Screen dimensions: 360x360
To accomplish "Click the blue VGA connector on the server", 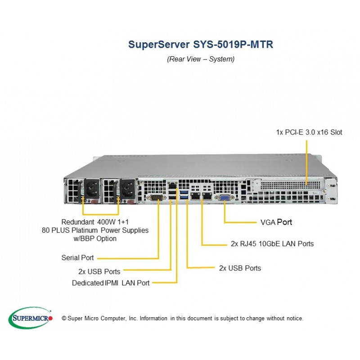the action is (224, 198).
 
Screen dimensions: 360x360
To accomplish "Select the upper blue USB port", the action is (184, 192).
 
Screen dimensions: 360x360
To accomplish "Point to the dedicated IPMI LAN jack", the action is (172, 185).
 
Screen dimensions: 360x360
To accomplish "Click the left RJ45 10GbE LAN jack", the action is (196, 196).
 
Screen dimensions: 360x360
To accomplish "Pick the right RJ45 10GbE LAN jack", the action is (207, 196).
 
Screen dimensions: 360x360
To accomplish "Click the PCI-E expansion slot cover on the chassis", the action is (290, 184).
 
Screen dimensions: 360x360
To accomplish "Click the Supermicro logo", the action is (30, 318).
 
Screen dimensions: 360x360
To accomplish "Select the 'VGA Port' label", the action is (276, 222).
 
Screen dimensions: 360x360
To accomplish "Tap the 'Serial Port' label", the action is (77, 257).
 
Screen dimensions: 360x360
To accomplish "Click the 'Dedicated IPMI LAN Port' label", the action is (111, 283).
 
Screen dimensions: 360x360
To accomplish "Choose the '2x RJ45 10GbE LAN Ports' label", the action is (272, 243).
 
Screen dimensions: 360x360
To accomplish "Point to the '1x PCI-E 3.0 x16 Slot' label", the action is (309, 132).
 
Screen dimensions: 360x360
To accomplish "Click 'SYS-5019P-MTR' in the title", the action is (233, 44).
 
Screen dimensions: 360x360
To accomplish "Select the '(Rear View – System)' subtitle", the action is (201, 59).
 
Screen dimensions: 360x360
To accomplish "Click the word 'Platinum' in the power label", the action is (85, 230).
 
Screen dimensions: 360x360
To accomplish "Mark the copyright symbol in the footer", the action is (64, 318).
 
